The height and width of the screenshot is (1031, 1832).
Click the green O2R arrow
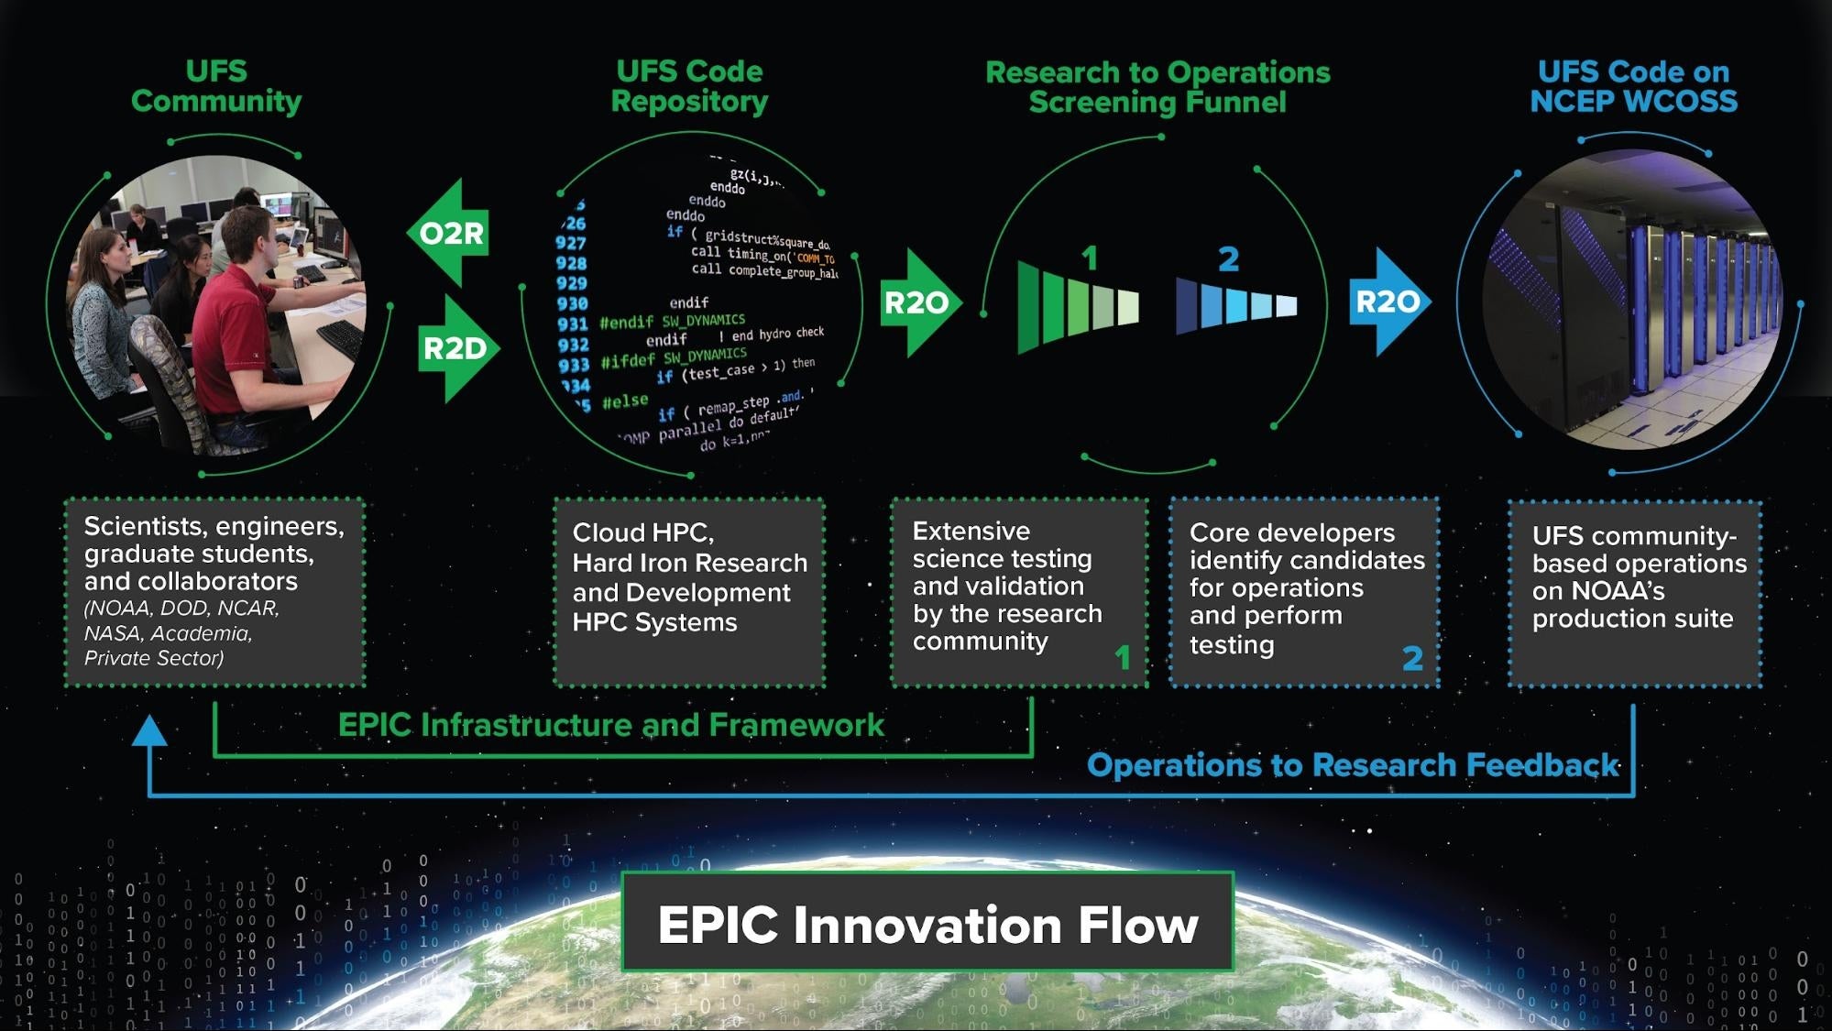(x=448, y=234)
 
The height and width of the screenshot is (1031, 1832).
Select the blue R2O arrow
(x=1388, y=302)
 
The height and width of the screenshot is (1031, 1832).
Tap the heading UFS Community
(x=216, y=86)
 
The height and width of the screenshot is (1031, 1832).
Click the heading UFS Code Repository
(x=689, y=86)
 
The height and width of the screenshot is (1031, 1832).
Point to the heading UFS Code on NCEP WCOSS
(x=1633, y=86)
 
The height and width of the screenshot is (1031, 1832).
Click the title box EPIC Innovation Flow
(x=927, y=923)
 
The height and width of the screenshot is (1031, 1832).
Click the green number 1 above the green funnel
(x=1089, y=258)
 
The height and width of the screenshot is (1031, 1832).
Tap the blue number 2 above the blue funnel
(x=1228, y=259)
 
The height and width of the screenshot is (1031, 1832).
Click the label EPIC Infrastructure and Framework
(x=610, y=725)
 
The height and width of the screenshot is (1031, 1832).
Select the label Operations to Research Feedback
(x=1352, y=765)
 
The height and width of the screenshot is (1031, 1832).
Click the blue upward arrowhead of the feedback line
(x=149, y=731)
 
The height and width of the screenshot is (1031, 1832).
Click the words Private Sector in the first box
(x=153, y=658)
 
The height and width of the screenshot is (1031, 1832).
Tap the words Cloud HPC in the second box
(x=642, y=532)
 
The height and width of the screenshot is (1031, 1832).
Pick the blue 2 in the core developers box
(x=1412, y=658)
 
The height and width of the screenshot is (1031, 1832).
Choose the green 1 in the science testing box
(x=1123, y=657)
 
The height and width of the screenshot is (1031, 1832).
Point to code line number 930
(x=572, y=303)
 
